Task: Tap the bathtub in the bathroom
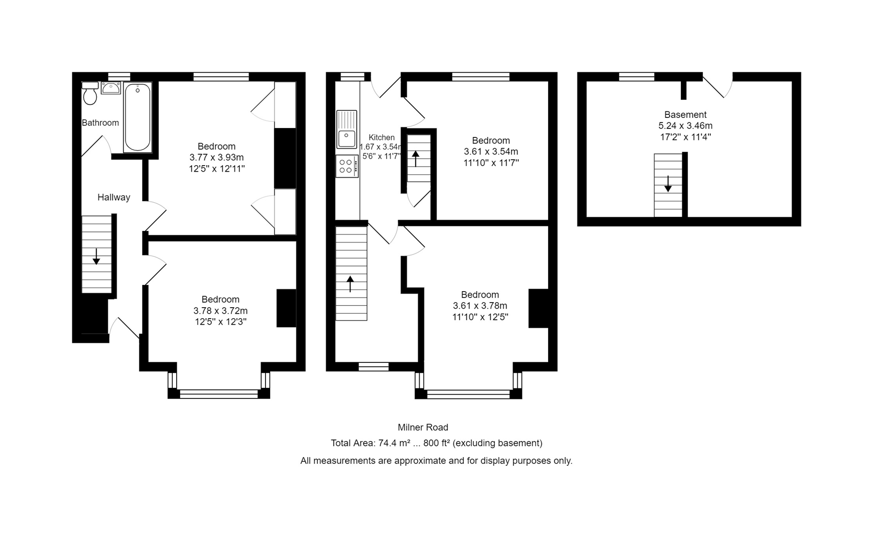pyautogui.click(x=138, y=117)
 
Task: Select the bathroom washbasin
pyautogui.click(x=110, y=88)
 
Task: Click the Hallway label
pyautogui.click(x=113, y=197)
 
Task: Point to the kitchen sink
pyautogui.click(x=346, y=129)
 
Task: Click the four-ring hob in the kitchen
pyautogui.click(x=346, y=166)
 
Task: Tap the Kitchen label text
pyautogui.click(x=382, y=137)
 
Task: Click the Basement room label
pyautogui.click(x=685, y=114)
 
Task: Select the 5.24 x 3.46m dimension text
pyautogui.click(x=685, y=125)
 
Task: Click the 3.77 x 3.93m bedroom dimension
pyautogui.click(x=216, y=157)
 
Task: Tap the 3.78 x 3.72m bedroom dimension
pyautogui.click(x=220, y=310)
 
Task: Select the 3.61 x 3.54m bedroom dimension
pyautogui.click(x=490, y=152)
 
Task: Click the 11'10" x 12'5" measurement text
pyautogui.click(x=480, y=317)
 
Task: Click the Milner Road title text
pyautogui.click(x=423, y=427)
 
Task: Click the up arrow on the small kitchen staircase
pyautogui.click(x=416, y=159)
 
